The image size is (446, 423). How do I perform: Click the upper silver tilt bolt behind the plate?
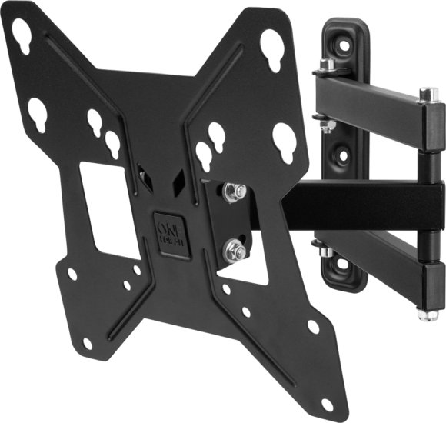click(x=233, y=192)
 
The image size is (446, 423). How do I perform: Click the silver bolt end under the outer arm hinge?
click(x=422, y=313)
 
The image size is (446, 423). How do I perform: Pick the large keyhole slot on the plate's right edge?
click(x=284, y=142)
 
